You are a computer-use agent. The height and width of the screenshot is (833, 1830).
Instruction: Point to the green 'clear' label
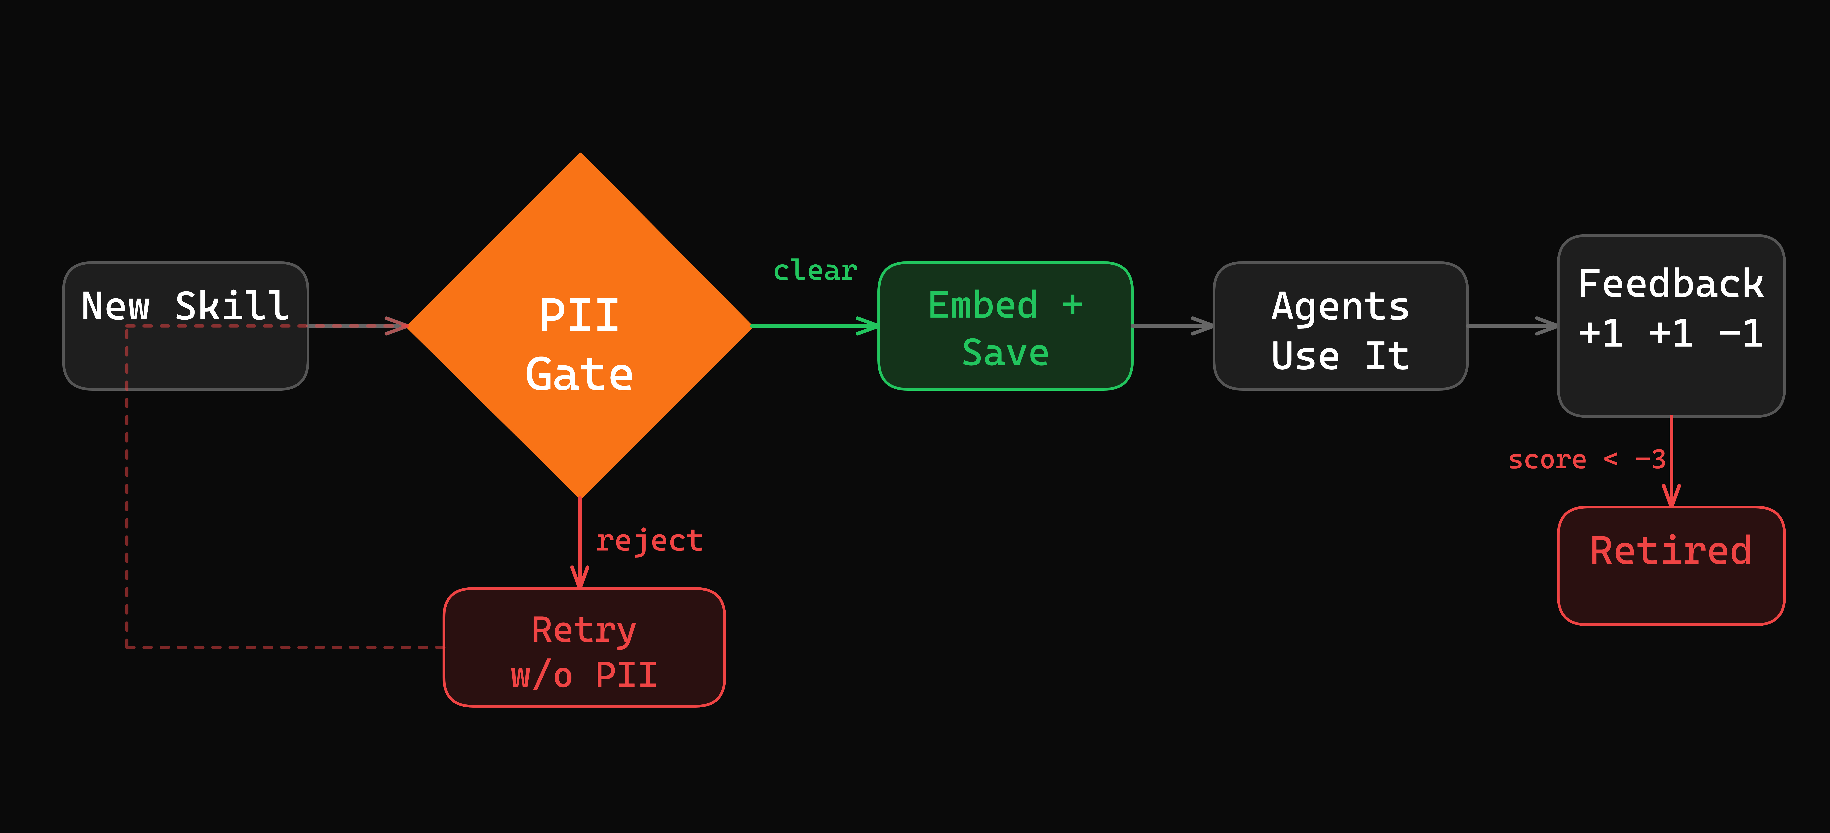(815, 270)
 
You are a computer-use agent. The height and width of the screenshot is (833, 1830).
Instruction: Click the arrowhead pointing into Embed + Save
(868, 326)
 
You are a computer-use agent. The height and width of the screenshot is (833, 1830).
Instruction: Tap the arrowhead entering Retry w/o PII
(580, 577)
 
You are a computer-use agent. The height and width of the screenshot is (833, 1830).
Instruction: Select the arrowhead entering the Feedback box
(1547, 326)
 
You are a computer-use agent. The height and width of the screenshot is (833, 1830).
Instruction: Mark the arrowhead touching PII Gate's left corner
(398, 326)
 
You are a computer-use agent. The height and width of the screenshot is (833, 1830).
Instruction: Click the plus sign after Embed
(1072, 305)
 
